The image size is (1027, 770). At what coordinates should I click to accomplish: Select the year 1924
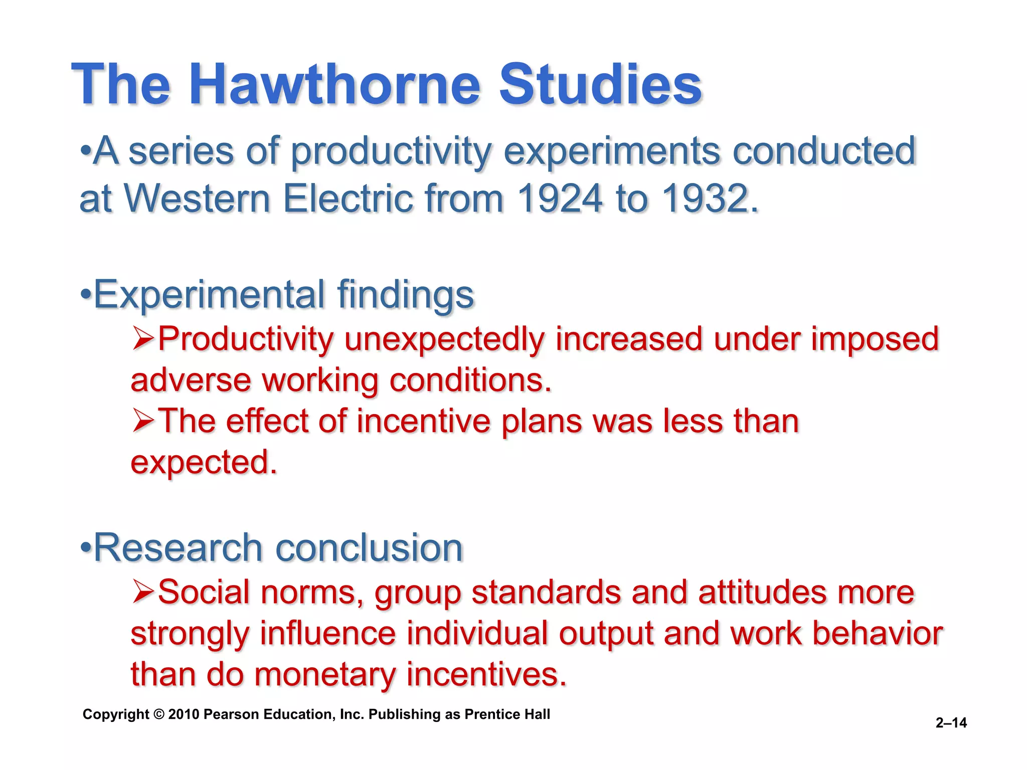coord(560,199)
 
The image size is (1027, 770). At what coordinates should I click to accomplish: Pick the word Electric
coord(348,199)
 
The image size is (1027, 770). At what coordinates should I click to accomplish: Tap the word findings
coord(405,294)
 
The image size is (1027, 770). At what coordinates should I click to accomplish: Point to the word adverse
coord(191,380)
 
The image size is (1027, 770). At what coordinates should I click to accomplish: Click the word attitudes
coord(762,593)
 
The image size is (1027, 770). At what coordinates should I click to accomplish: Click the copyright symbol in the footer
coord(159,714)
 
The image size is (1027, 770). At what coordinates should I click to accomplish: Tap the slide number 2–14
coord(951,722)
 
